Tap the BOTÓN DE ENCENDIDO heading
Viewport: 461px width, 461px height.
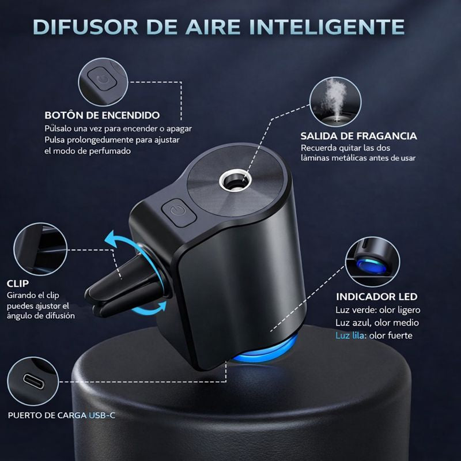pyautogui.click(x=102, y=115)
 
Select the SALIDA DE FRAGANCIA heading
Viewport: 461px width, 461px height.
pyautogui.click(x=358, y=137)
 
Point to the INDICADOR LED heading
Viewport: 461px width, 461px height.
pyautogui.click(x=376, y=297)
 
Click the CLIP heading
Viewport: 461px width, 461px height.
pyautogui.click(x=18, y=283)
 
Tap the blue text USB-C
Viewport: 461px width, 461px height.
pyautogui.click(x=103, y=414)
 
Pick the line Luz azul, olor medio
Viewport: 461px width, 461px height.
pyautogui.click(x=377, y=323)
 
